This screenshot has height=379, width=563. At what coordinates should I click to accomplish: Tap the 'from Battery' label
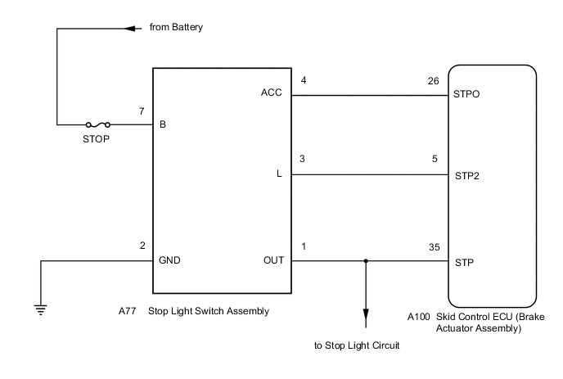[176, 27]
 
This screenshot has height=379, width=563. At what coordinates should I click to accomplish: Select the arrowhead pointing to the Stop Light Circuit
[365, 316]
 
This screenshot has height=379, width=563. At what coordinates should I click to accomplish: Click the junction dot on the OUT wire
[365, 262]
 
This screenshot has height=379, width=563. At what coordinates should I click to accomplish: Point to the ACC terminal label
[272, 93]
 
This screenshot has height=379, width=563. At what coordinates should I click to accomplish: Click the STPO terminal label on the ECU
[466, 94]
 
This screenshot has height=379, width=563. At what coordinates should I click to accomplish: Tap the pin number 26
[434, 81]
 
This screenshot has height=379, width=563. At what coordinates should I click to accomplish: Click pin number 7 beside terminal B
[142, 111]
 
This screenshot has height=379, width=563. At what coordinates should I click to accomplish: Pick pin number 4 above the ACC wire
[304, 80]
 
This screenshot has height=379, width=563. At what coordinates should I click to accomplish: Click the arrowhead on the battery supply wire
[128, 27]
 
